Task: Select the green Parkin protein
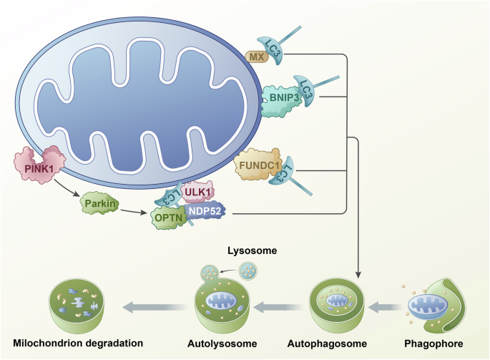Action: pyautogui.click(x=99, y=204)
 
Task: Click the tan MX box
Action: pyautogui.click(x=255, y=56)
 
